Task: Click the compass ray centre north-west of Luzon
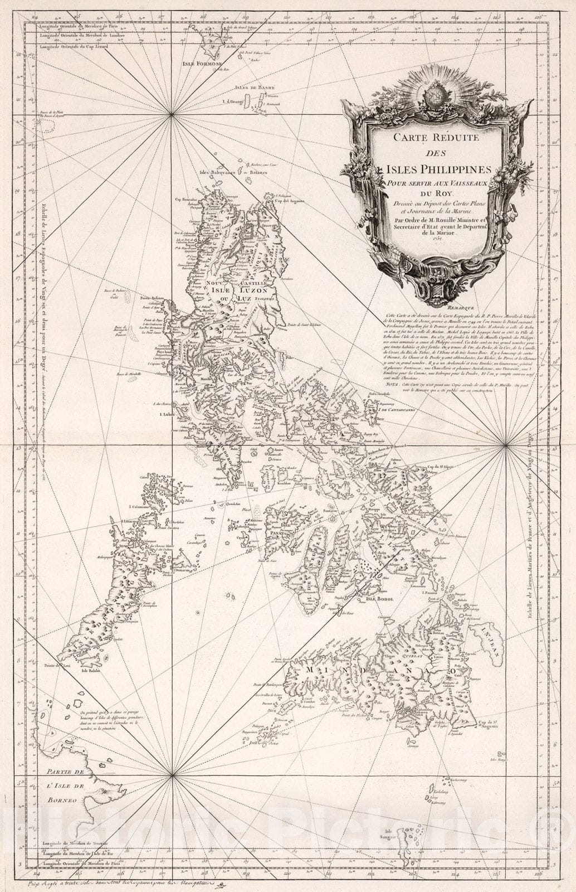tap(172, 115)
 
